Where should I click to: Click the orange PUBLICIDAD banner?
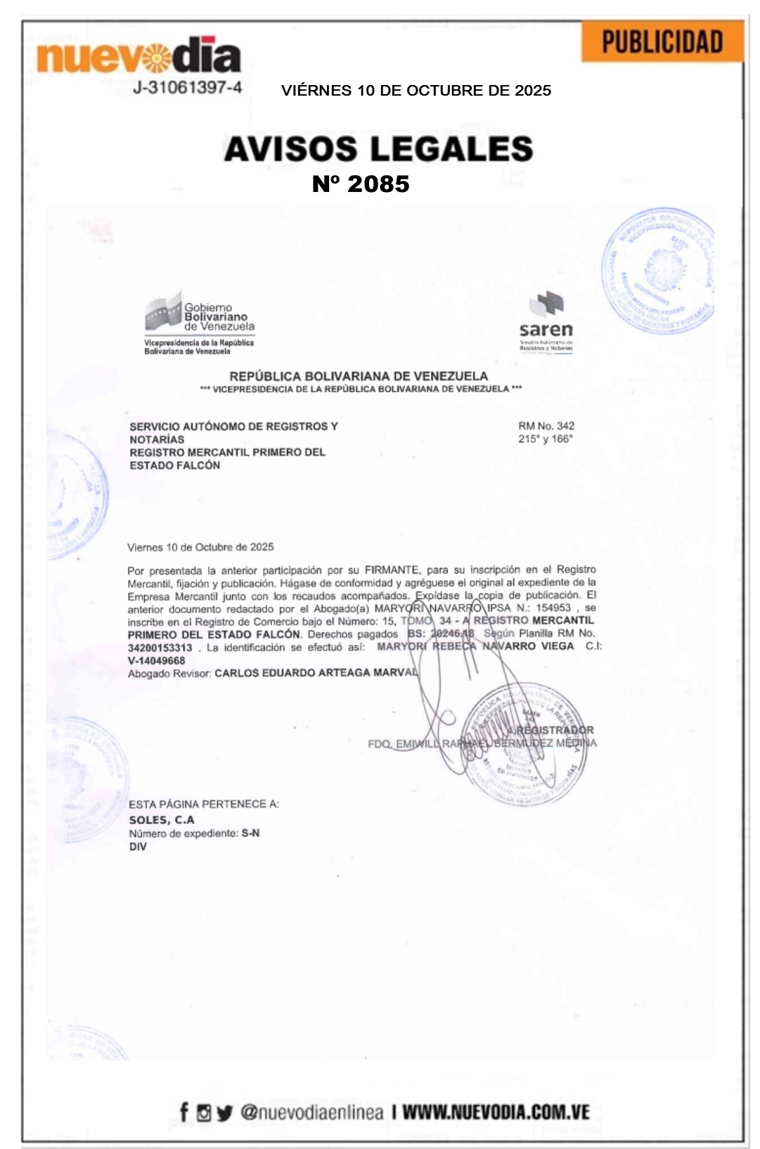tap(662, 42)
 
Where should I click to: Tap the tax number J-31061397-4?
tap(188, 88)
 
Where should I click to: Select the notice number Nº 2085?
tap(361, 184)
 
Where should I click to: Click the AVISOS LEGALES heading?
tap(378, 148)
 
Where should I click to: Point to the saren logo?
tap(546, 321)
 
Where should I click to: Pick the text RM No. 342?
tap(546, 425)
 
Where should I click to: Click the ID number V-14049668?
tap(156, 660)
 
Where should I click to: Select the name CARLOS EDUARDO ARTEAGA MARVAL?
tap(316, 673)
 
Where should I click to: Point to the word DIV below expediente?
tap(138, 847)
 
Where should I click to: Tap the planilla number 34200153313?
tap(160, 648)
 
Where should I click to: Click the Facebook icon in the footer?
tap(184, 1112)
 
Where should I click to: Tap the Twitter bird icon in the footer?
tap(224, 1112)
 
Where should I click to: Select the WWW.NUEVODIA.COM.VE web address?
tap(496, 1112)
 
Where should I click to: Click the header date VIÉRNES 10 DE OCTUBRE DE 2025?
tap(416, 91)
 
